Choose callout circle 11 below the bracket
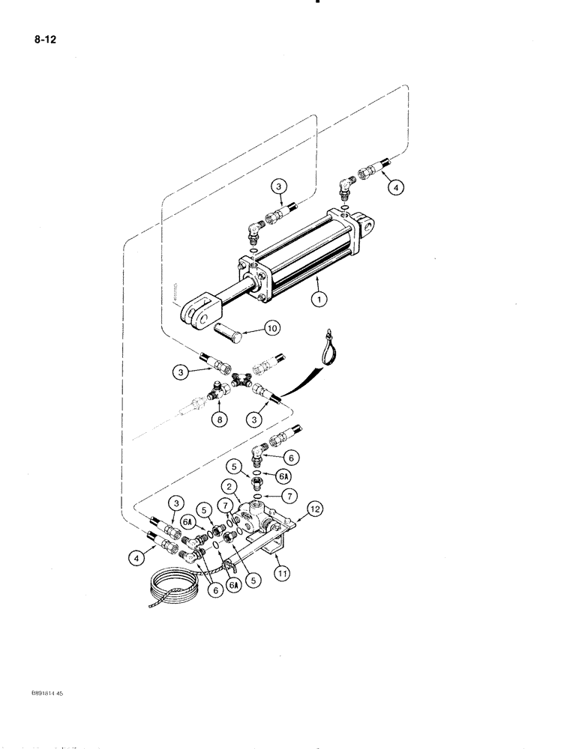coord(283,574)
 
